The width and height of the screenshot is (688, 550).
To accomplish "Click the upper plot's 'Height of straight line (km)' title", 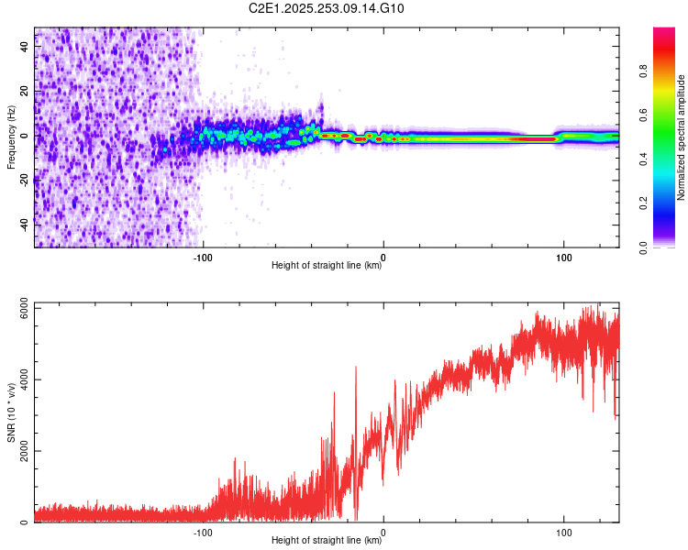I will pos(327,266).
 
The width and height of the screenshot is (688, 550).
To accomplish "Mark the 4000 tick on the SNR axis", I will pos(18,379).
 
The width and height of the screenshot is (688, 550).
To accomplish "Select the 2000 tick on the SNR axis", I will pos(18,451).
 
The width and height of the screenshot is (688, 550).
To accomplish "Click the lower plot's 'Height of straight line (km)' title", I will pos(327,541).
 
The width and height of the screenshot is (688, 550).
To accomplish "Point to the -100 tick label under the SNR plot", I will pos(203,531).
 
